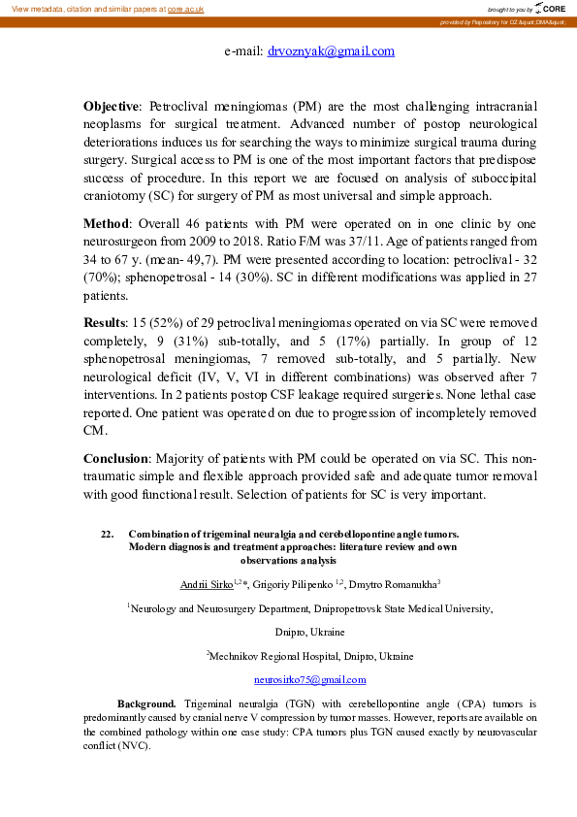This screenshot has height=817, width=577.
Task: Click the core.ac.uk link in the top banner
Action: coord(186,8)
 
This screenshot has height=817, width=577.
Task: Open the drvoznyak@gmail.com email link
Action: coord(331,51)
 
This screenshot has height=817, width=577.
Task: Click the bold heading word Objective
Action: coord(112,104)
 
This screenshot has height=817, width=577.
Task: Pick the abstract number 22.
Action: coord(107,535)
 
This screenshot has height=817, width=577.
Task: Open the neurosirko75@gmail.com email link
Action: coord(309,679)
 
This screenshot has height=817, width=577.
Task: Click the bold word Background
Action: coord(146,702)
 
